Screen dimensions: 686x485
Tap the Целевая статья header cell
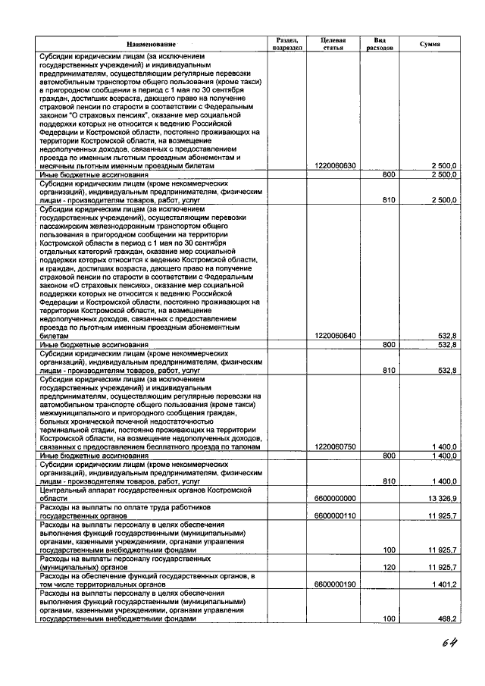tap(333, 42)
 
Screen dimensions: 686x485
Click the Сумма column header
tap(430, 44)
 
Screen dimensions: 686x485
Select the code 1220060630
tap(335, 165)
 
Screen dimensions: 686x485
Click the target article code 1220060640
tap(335, 335)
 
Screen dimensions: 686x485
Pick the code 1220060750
tap(335, 446)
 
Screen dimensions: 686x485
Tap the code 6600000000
tap(335, 498)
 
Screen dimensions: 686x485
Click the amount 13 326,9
tap(442, 498)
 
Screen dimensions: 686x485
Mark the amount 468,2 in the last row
tap(446, 619)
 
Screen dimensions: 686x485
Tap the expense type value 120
tap(390, 567)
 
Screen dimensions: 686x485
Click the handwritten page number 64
tap(452, 644)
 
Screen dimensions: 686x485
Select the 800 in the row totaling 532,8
tap(390, 344)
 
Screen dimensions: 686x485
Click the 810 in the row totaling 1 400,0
tap(390, 481)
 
